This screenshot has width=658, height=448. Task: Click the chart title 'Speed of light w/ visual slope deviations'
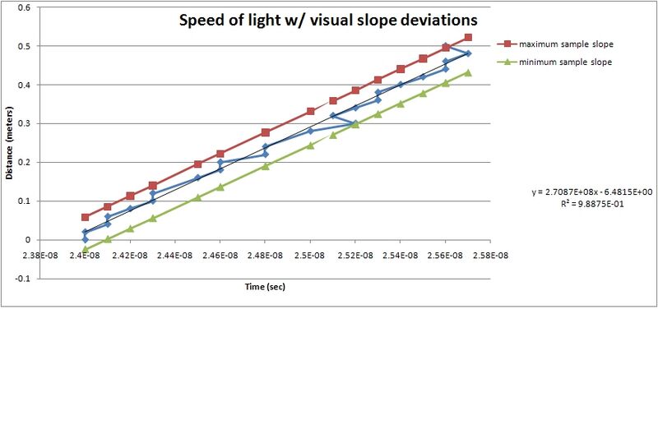pyautogui.click(x=328, y=21)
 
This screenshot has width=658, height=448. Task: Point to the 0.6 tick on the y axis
pyautogui.click(x=27, y=7)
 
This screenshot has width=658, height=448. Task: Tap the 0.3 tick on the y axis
pyautogui.click(x=27, y=123)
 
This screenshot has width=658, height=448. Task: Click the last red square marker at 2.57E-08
pyautogui.click(x=468, y=37)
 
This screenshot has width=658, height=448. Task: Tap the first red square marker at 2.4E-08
pyautogui.click(x=85, y=217)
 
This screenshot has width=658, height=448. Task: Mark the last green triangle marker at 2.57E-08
pyautogui.click(x=468, y=72)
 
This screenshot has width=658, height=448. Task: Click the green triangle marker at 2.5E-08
pyautogui.click(x=311, y=145)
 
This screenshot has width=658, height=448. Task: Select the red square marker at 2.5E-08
pyautogui.click(x=311, y=111)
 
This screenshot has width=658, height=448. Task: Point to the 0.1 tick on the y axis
pyautogui.click(x=27, y=201)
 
